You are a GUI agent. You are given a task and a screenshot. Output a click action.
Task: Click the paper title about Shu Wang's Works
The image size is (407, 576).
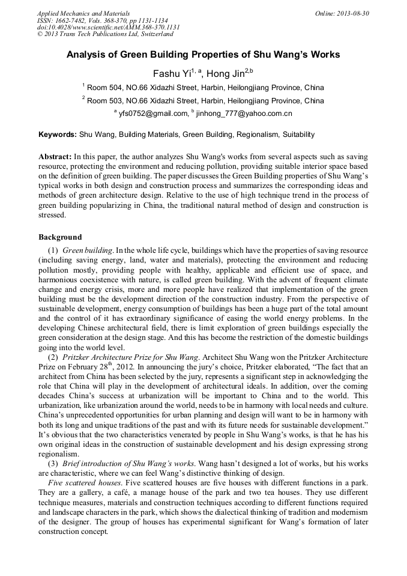point(203,55)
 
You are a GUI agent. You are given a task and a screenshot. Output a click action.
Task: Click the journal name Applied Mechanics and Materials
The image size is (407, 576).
point(83,13)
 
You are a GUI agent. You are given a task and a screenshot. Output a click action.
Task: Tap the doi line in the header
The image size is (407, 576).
point(108,27)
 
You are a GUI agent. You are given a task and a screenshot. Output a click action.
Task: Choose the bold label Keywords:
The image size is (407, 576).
point(58,135)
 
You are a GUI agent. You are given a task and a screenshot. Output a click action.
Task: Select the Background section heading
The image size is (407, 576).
point(60,237)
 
